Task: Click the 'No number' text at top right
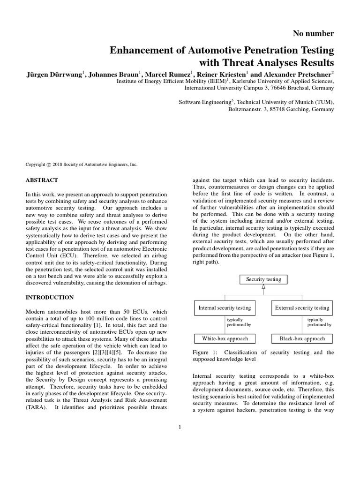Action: tap(313, 33)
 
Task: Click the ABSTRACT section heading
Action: tap(42, 180)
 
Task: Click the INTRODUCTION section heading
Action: tap(49, 298)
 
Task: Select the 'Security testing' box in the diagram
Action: tap(263, 279)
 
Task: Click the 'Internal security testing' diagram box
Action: tap(225, 308)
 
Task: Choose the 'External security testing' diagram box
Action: tap(302, 308)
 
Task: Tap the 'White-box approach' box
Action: tap(225, 338)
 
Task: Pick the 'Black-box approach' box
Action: tap(302, 338)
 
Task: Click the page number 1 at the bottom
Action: tap(180, 427)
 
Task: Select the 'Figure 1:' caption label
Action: tap(205, 352)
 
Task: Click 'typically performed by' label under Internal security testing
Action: tap(238, 322)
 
